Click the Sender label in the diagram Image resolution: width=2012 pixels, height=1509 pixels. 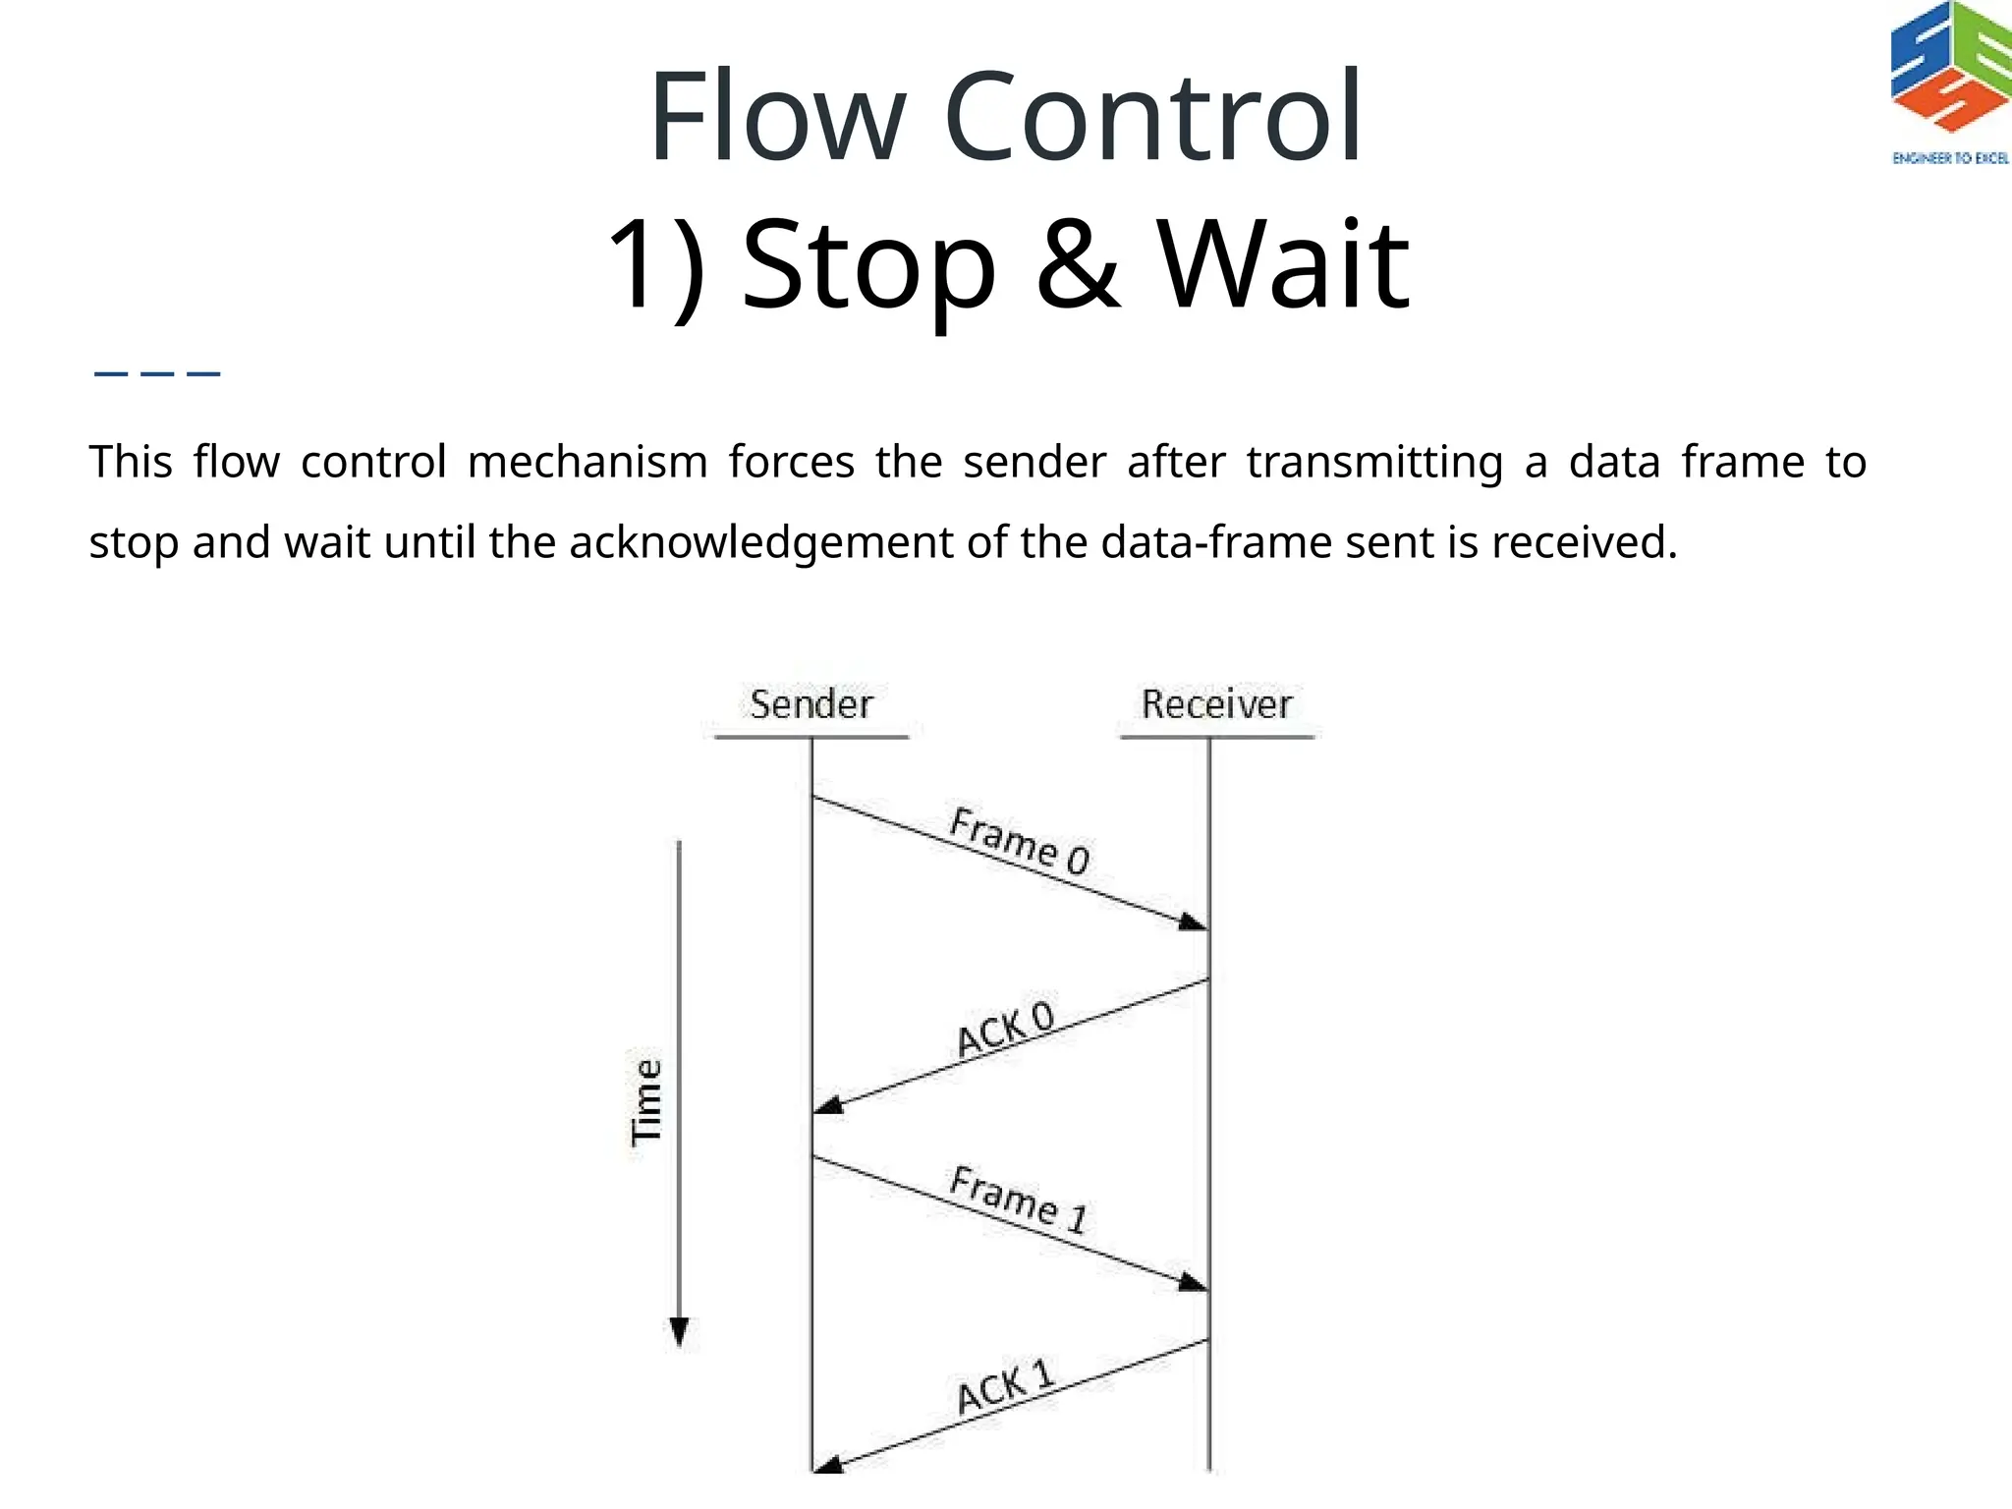pyautogui.click(x=810, y=704)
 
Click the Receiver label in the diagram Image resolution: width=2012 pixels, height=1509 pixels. pyautogui.click(x=1216, y=704)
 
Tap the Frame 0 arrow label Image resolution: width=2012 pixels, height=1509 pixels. pyautogui.click(x=1020, y=841)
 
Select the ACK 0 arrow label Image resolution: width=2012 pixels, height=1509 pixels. pyautogui.click(x=1005, y=1029)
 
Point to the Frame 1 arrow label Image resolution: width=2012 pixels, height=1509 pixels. pyautogui.click(x=1020, y=1200)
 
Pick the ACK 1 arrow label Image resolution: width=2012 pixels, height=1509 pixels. pyautogui.click(x=1005, y=1387)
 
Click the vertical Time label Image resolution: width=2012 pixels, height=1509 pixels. pyautogui.click(x=646, y=1102)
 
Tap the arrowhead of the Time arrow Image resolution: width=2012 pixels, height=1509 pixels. pyautogui.click(x=679, y=1332)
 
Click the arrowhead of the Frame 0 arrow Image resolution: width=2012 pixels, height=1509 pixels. pyautogui.click(x=1193, y=922)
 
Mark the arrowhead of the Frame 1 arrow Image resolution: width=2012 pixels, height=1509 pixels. pyautogui.click(x=1193, y=1282)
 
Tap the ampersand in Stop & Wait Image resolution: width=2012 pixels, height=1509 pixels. pyautogui.click(x=1078, y=263)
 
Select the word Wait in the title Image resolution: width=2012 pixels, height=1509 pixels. pyautogui.click(x=1283, y=263)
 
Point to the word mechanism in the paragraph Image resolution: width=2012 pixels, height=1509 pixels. pyautogui.click(x=587, y=462)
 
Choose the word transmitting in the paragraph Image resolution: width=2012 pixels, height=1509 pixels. pyautogui.click(x=1374, y=462)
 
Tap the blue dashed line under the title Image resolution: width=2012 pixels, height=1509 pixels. pyautogui.click(x=157, y=373)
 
